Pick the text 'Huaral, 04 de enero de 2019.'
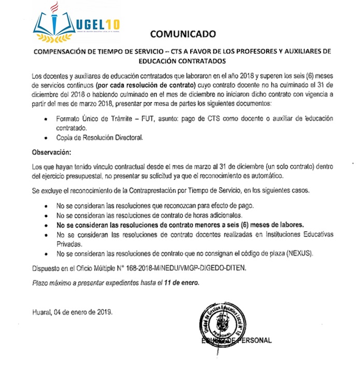(71, 313)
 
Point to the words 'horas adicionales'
(213, 215)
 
